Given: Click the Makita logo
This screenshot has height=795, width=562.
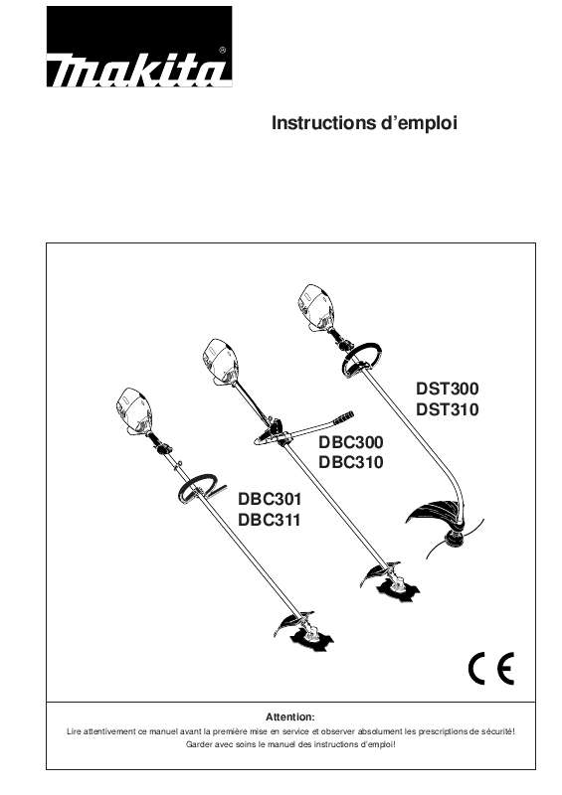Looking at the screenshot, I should tap(139, 48).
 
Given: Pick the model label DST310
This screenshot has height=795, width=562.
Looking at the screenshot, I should tap(447, 409).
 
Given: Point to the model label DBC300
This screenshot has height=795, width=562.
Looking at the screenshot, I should tap(351, 442).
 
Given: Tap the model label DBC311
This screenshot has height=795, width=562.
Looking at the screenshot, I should tap(271, 519).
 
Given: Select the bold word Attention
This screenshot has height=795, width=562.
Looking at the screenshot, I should tap(290, 715).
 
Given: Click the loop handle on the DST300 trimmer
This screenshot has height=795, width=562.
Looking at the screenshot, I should tap(361, 359).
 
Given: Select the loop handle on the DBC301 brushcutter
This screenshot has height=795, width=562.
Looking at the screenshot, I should tap(198, 486).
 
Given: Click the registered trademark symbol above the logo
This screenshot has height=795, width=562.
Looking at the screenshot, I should tap(221, 48).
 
